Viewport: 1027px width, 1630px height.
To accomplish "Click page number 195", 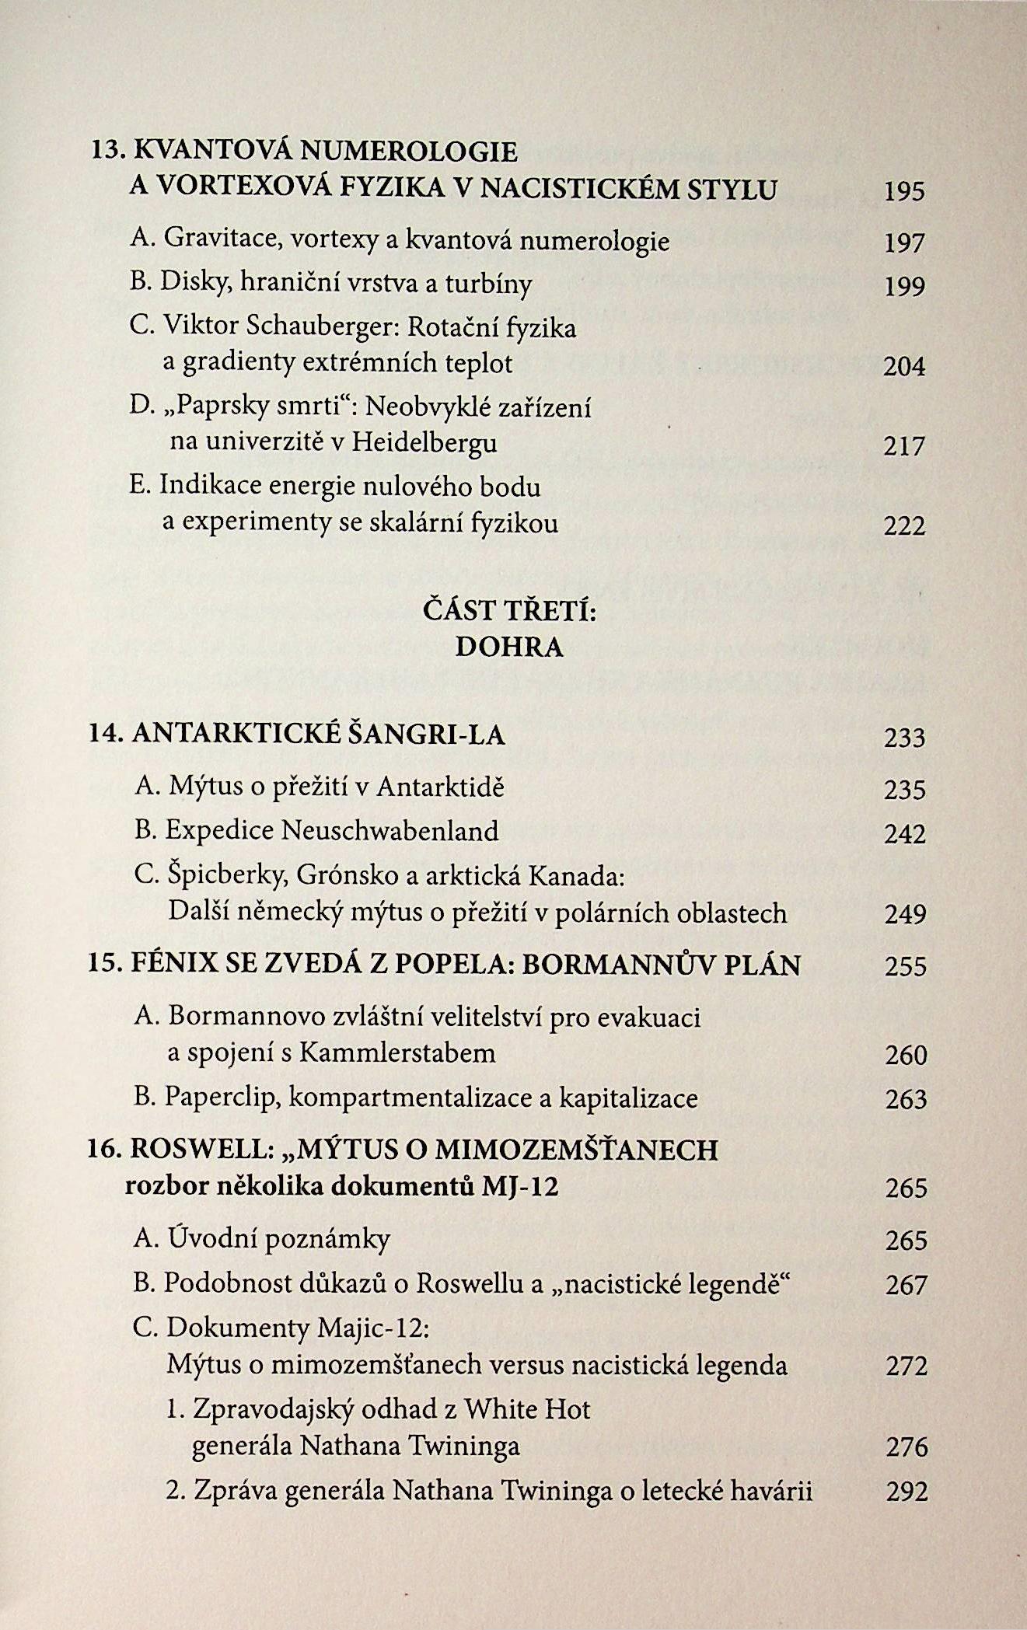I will [x=904, y=191].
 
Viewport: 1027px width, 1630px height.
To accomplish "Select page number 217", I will [x=904, y=446].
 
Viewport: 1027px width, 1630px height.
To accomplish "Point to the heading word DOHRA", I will [x=508, y=647].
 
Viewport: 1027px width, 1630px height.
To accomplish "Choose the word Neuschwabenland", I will [x=389, y=831].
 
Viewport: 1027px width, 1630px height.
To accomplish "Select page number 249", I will [x=905, y=914].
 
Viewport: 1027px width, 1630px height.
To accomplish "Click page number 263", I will [x=906, y=1099].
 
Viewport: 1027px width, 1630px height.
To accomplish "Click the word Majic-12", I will [x=372, y=1329].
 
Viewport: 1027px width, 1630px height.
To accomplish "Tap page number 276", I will [x=906, y=1447].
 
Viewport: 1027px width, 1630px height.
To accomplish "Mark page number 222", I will [x=904, y=526].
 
